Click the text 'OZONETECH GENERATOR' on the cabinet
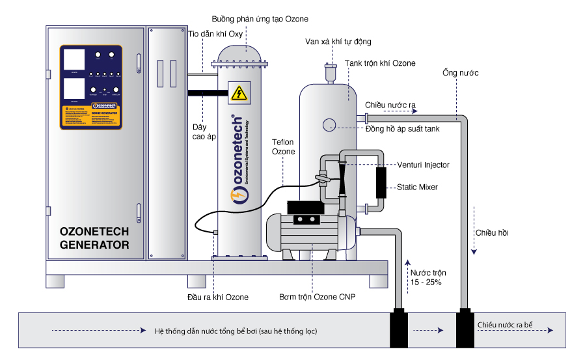click(x=94, y=238)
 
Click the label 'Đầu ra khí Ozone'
click(x=217, y=298)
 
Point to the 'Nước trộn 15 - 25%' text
click(x=428, y=277)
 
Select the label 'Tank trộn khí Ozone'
click(x=380, y=63)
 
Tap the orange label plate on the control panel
click(x=91, y=116)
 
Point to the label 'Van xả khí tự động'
click(x=338, y=42)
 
